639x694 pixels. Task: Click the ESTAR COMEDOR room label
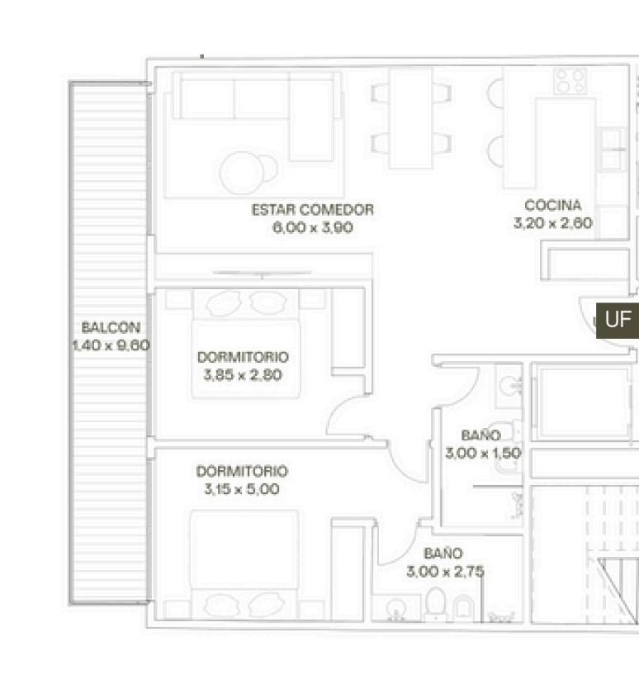pos(313,209)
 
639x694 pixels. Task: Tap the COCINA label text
pos(553,205)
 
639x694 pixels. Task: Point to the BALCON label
pos(111,327)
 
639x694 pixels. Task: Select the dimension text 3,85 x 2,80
pos(243,375)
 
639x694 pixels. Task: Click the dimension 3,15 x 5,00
pos(241,489)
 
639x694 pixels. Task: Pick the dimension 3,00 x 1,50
pos(483,453)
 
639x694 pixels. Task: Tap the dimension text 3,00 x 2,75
pos(445,572)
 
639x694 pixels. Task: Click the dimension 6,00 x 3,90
pos(313,227)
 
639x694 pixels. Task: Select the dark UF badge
pos(618,321)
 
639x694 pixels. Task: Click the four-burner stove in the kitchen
pos(570,82)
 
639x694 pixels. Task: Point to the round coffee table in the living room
pos(243,173)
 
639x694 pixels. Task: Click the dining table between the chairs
pos(410,118)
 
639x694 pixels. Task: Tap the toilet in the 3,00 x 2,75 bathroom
pos(436,603)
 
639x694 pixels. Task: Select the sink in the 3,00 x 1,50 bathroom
pos(509,386)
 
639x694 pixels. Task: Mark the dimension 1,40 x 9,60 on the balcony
pos(111,345)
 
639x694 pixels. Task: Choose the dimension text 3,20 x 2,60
pos(553,222)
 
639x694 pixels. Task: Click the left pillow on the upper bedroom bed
pos(224,304)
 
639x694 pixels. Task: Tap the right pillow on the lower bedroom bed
pos(266,605)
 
